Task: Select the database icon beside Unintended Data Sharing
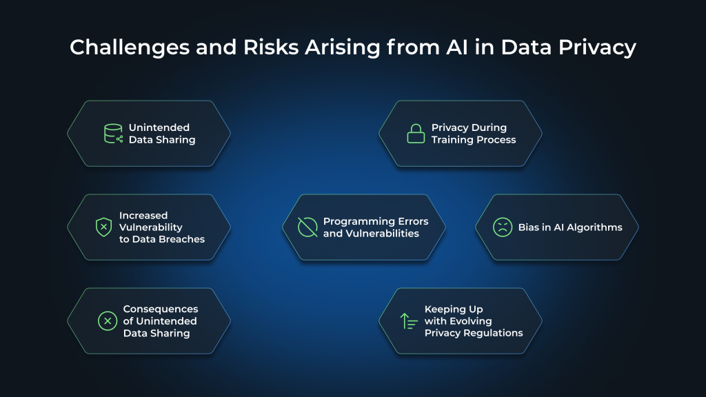tap(113, 134)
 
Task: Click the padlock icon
tap(416, 134)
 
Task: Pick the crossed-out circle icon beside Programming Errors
tap(307, 227)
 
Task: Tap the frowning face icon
tap(503, 227)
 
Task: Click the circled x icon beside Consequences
tap(108, 321)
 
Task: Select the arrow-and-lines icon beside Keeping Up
tap(409, 321)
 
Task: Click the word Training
tap(451, 139)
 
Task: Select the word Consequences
tap(161, 309)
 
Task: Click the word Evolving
tap(469, 321)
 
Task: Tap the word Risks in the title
tap(281, 48)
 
